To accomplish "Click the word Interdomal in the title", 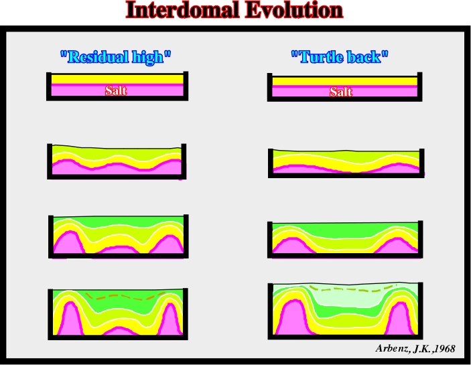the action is (x=183, y=10).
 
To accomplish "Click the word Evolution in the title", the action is (x=294, y=10).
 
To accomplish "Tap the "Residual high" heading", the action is (x=116, y=57).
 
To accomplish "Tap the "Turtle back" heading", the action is (x=340, y=57).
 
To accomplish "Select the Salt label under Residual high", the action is (x=116, y=90).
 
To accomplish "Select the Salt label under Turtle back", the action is (x=340, y=92).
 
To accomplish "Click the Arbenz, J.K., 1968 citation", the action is (x=415, y=348).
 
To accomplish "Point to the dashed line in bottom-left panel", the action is (x=125, y=297).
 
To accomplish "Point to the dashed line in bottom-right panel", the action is (x=353, y=289).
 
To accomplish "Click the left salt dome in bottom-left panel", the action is (x=70, y=319).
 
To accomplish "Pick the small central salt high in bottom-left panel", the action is (x=119, y=331).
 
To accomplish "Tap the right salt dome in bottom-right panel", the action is (x=401, y=319).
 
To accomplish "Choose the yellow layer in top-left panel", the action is (x=117, y=79).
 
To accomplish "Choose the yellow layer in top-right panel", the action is (x=345, y=81).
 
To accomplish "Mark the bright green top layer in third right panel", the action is (x=346, y=230).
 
